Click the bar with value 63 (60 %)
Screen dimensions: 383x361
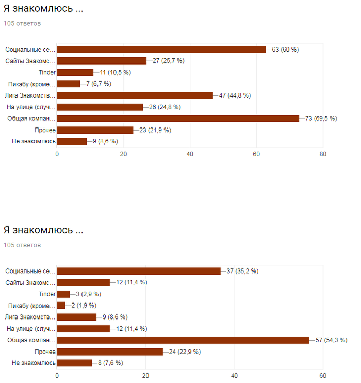tap(161, 50)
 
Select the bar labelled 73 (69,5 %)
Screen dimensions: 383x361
tap(178, 118)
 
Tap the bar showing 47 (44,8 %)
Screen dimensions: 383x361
tap(135, 95)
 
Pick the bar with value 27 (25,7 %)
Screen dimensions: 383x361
tap(102, 61)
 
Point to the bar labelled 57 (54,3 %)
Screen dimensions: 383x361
tap(183, 340)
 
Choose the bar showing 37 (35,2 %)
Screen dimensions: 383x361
tap(139, 271)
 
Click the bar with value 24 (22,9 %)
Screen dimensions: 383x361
tap(110, 352)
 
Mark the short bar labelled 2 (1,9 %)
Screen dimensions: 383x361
tap(61, 306)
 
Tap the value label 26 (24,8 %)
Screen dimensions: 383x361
tap(164, 107)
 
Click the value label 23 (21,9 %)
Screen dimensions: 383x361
tap(155, 130)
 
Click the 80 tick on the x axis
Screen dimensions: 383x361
tap(323, 154)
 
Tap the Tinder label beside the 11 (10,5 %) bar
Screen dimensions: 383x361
tap(47, 72)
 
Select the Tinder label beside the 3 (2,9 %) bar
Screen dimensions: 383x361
tap(47, 294)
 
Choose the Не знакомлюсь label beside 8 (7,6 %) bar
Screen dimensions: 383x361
tap(34, 363)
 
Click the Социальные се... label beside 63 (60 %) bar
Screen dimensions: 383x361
tap(30, 50)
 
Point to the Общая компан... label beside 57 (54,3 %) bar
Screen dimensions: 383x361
tap(31, 340)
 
